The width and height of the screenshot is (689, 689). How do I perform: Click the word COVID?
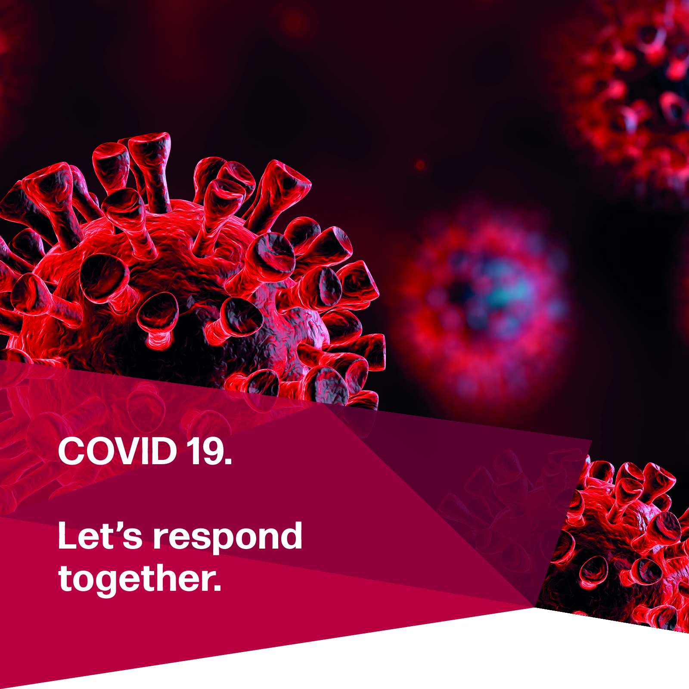coord(118,451)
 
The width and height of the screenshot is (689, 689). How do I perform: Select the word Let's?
coord(100,536)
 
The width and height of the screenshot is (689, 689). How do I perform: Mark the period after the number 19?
coord(228,461)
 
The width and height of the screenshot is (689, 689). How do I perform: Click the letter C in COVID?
coord(71,451)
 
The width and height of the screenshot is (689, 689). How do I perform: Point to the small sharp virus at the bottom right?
coord(620,547)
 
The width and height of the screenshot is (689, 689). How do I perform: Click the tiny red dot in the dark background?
coord(420,165)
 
